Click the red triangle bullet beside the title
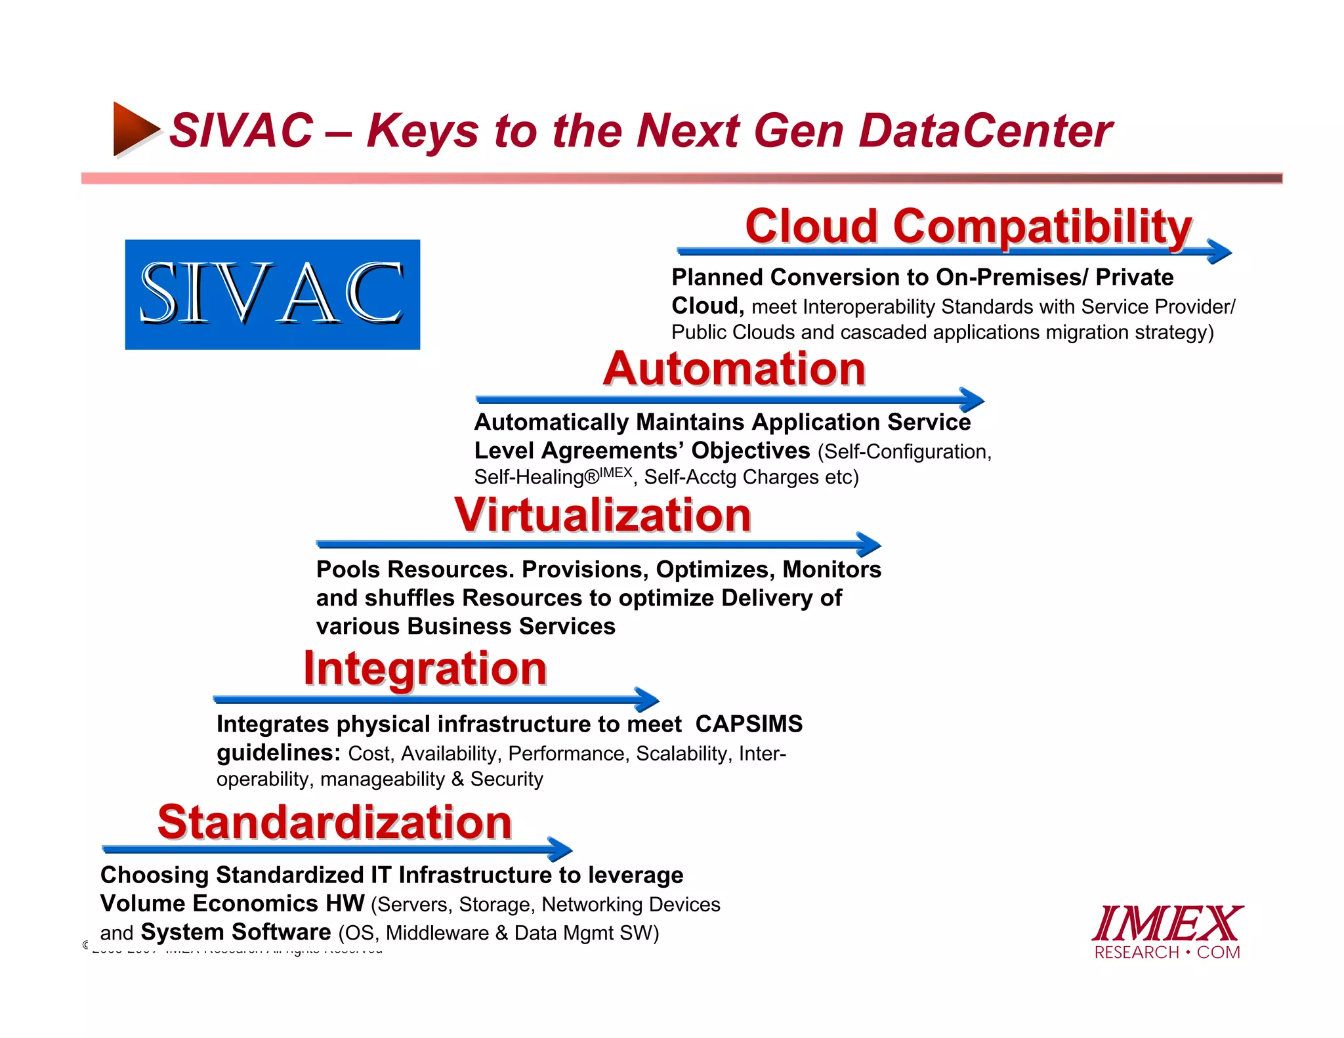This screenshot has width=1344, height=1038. point(135,129)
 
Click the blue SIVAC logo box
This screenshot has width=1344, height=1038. point(272,294)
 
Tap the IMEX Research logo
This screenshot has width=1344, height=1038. point(1167,932)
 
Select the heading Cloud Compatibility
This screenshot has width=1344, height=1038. point(968,226)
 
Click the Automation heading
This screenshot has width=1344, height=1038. point(734,369)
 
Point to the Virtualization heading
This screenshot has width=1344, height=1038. point(602,515)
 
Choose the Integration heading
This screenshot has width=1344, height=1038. point(425,669)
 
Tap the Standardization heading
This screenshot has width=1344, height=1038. point(335,822)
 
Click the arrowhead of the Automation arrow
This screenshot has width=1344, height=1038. point(972,400)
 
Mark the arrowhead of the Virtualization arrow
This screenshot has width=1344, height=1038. point(869,545)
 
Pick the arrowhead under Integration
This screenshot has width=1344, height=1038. point(647,699)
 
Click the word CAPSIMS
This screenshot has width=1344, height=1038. point(749,724)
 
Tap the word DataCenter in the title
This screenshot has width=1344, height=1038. point(985,131)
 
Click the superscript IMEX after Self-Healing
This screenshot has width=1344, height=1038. point(616,472)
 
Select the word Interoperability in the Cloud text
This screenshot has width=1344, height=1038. point(870,307)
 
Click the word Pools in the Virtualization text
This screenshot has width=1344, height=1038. point(348,570)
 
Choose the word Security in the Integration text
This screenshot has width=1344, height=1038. point(507,779)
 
